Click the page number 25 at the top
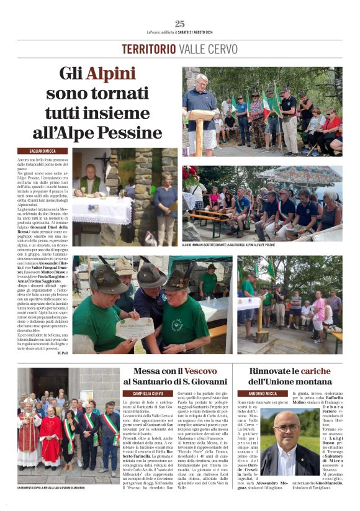click(179, 23)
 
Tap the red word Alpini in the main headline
click(110, 74)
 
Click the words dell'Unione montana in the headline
click(290, 381)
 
